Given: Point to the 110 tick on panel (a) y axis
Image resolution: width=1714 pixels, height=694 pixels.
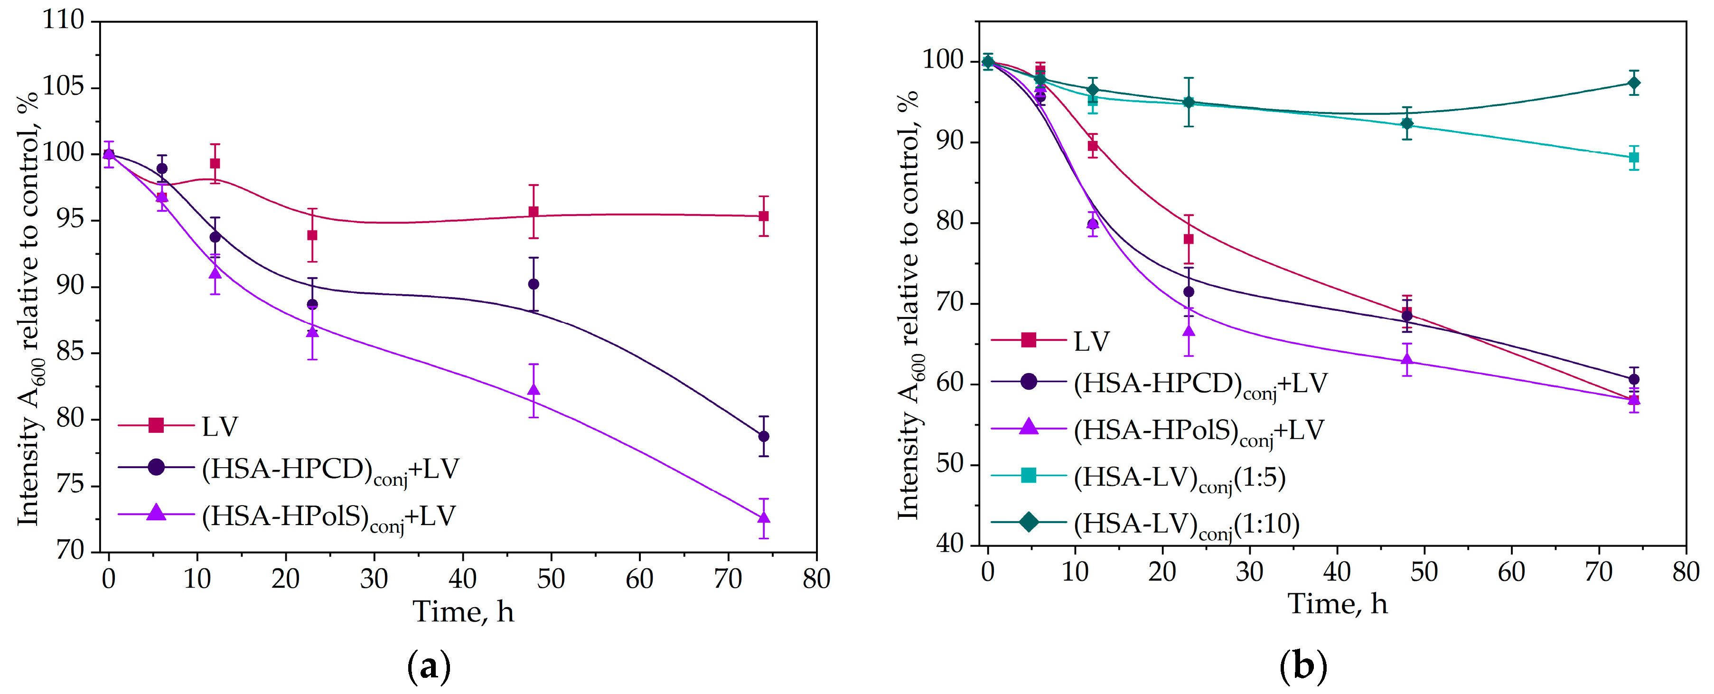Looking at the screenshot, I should point(64,20).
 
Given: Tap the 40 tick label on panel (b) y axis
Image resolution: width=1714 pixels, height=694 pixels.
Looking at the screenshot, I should point(949,544).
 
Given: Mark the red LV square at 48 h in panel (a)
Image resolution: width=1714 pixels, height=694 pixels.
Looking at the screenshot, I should point(533,212).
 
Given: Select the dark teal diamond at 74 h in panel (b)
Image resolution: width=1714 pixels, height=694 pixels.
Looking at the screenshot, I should point(1633,83).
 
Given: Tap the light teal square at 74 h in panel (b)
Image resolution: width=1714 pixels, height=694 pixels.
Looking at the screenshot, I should point(1633,158).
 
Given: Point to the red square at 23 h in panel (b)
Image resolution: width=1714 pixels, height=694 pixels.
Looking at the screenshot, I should point(1189,239).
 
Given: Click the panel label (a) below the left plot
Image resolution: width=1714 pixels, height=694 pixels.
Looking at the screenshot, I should point(429,666).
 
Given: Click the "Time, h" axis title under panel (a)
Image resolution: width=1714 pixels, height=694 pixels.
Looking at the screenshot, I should point(463,611).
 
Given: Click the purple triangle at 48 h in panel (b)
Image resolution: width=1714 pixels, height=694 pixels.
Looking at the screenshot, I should point(1406,360).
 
